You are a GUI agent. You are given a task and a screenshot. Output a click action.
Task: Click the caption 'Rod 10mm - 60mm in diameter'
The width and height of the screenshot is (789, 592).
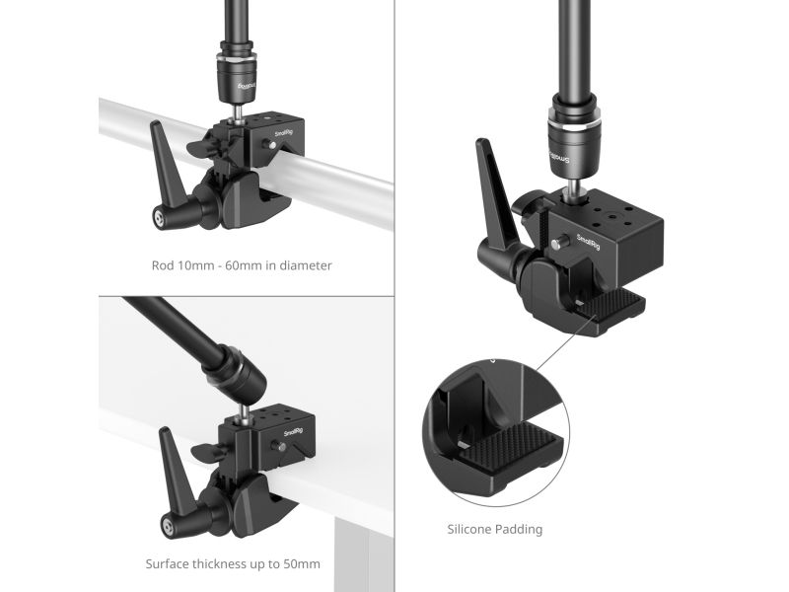pyautogui.click(x=242, y=265)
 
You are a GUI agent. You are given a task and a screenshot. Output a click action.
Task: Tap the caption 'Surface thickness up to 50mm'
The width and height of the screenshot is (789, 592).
pyautogui.click(x=233, y=563)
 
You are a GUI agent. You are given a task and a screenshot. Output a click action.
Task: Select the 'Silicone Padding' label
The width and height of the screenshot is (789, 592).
pyautogui.click(x=495, y=529)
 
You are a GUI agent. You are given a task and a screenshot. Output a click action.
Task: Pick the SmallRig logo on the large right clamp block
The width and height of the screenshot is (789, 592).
pyautogui.click(x=588, y=242)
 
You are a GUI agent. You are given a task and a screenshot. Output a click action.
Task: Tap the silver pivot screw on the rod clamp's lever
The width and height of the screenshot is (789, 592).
pyautogui.click(x=160, y=217)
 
